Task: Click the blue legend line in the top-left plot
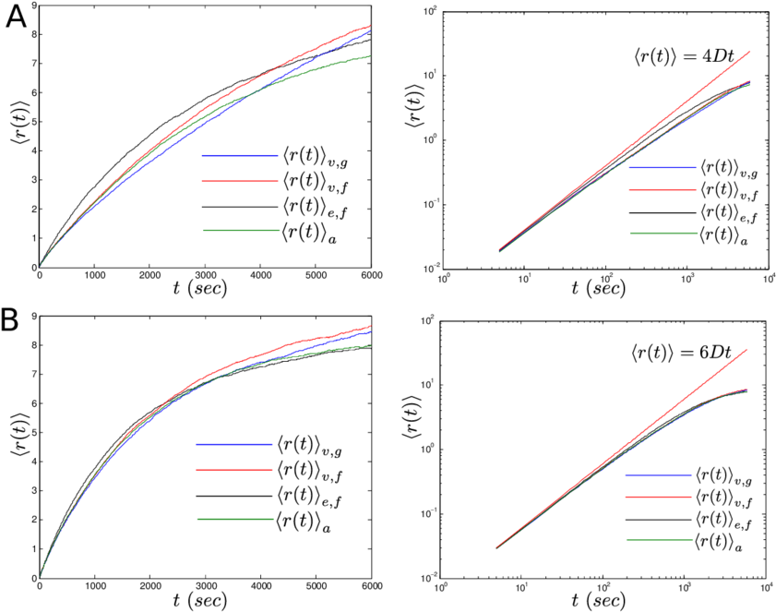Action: pyautogui.click(x=240, y=155)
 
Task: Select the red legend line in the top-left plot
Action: pyautogui.click(x=240, y=181)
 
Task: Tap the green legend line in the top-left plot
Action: pyautogui.click(x=241, y=230)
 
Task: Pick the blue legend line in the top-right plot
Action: pyautogui.click(x=663, y=168)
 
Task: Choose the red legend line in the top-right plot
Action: pyautogui.click(x=663, y=190)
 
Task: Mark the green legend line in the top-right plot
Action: pyautogui.click(x=663, y=234)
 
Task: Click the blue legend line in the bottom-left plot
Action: pyautogui.click(x=234, y=445)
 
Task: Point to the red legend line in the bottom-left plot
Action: pyautogui.click(x=234, y=470)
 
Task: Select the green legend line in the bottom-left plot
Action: pyautogui.click(x=235, y=519)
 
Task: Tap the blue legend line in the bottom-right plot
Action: pyautogui.click(x=659, y=475)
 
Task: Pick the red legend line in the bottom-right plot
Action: pyautogui.click(x=659, y=497)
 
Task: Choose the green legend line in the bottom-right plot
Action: pyautogui.click(x=659, y=540)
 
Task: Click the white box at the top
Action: pyautogui.click(x=410, y=27)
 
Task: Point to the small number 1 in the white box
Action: pyautogui.click(x=424, y=11)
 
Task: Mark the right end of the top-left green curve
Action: pyautogui.click(x=371, y=55)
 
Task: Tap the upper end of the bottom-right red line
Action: pyautogui.click(x=746, y=350)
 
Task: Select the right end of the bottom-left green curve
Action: pyautogui.click(x=371, y=345)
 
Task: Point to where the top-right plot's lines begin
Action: pyautogui.click(x=499, y=250)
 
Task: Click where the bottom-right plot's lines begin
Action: pyautogui.click(x=496, y=548)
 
